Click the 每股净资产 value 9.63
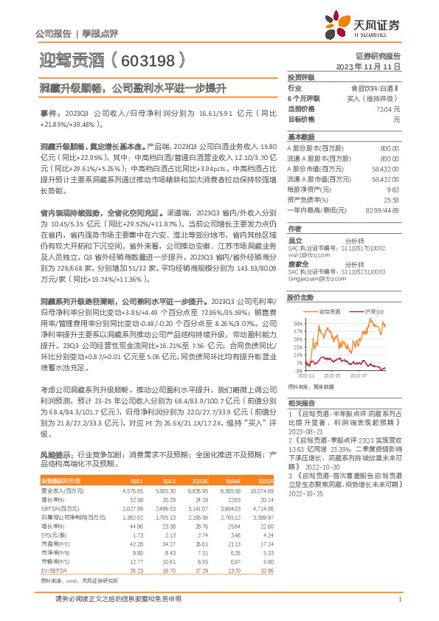393,189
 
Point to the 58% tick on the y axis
297,323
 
